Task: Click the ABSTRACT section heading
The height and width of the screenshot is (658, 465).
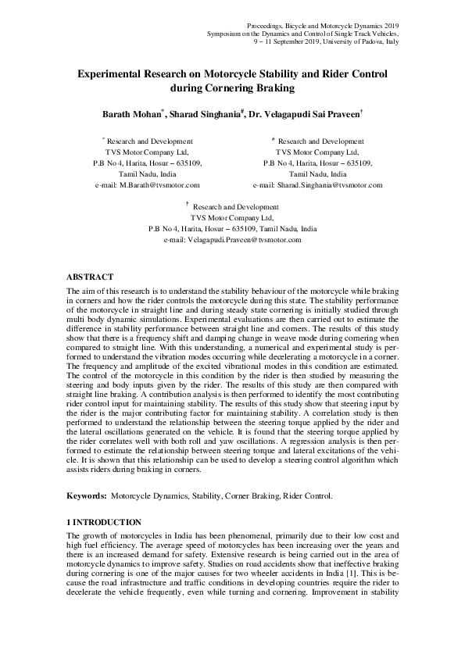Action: [90, 277]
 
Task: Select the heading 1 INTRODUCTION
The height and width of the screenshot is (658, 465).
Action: [104, 521]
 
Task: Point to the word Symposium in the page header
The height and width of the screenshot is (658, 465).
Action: [226, 34]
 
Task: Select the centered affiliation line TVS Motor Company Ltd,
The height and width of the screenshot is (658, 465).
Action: [232, 219]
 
